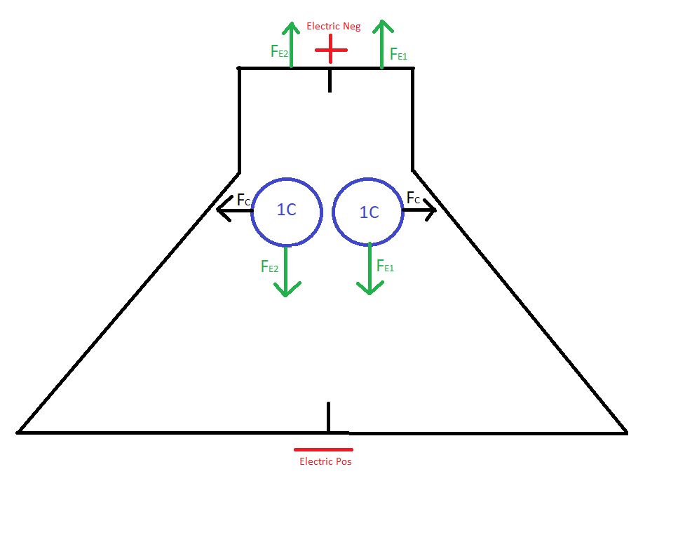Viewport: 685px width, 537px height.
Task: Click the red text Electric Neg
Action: click(333, 26)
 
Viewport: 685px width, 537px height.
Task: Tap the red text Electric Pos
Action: click(325, 461)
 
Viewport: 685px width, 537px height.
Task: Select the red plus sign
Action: click(331, 49)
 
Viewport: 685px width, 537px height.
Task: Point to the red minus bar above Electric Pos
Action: click(323, 449)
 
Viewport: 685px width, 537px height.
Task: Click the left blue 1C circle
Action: click(287, 212)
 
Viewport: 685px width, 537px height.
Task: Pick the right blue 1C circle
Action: click(368, 212)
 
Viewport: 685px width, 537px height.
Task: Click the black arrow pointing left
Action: click(235, 210)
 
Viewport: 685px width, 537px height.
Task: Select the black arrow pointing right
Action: click(419, 210)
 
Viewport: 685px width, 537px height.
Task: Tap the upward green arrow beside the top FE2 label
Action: click(291, 45)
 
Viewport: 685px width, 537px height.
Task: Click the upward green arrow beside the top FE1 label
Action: click(382, 44)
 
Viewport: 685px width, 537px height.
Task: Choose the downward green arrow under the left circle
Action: click(286, 271)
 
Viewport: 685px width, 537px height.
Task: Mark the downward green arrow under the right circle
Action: click(370, 268)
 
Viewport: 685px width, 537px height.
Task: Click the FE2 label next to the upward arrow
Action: click(280, 52)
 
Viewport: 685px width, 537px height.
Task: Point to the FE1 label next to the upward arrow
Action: click(398, 54)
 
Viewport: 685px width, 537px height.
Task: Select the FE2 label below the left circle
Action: click(269, 266)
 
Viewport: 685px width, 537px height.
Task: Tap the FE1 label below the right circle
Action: click(386, 266)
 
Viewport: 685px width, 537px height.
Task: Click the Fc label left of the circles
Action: click(244, 200)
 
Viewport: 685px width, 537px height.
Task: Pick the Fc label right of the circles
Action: click(413, 198)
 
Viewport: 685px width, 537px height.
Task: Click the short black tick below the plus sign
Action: click(330, 81)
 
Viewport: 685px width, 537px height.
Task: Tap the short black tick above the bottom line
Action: click(328, 417)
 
